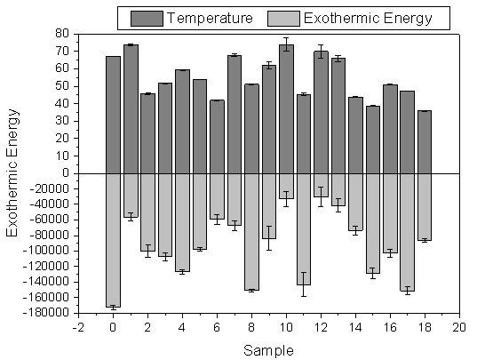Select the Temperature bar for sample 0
tap(113, 115)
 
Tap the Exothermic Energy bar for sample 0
tap(113, 240)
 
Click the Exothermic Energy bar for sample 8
tap(251, 232)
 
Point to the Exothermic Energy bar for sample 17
tap(407, 232)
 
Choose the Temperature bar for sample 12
tap(321, 112)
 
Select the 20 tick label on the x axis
tap(459, 327)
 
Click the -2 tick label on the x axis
tap(78, 327)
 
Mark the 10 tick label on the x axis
tap(286, 327)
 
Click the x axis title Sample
tap(270, 349)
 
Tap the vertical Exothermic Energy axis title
tap(12, 173)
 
